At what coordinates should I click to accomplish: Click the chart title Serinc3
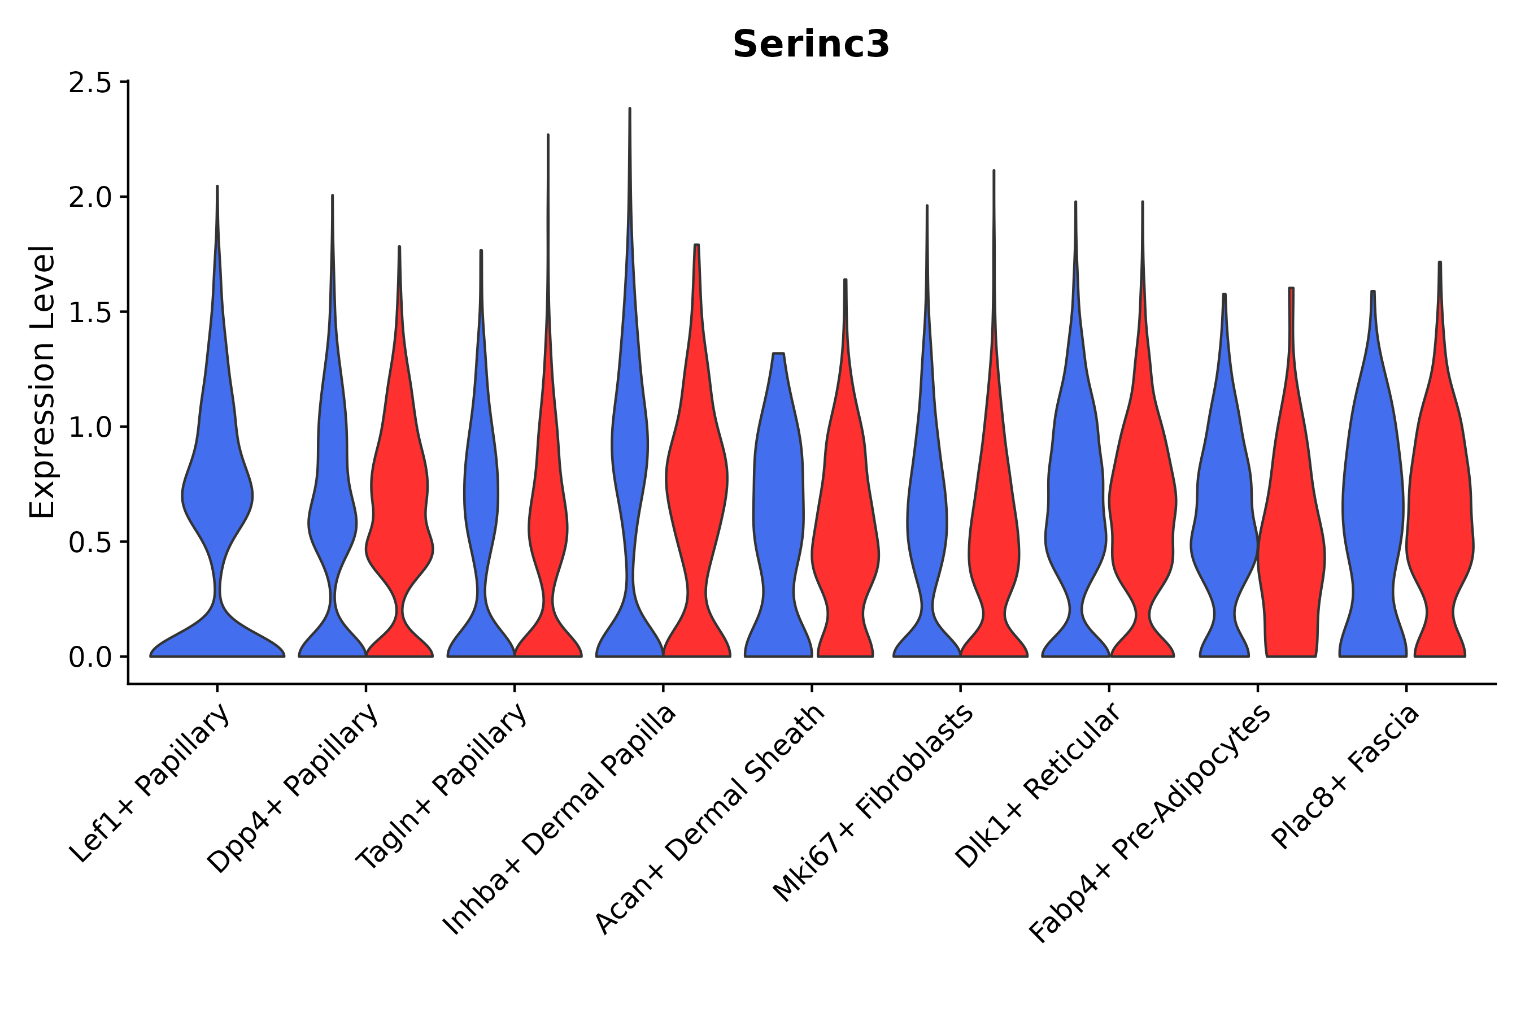click(x=811, y=45)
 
